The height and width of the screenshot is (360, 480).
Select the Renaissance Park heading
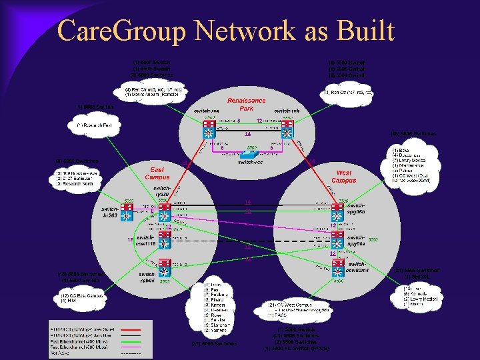246,105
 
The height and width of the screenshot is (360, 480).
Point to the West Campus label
344,176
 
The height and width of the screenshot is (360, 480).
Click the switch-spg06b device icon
337,213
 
